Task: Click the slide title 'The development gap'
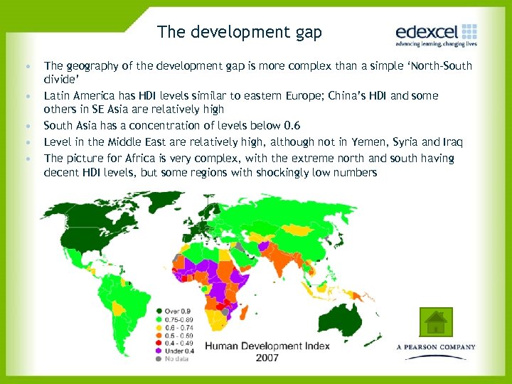pyautogui.click(x=240, y=32)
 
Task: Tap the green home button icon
pyautogui.click(x=435, y=321)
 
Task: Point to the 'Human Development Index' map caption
pyautogui.click(x=267, y=346)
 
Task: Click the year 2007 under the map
pyautogui.click(x=267, y=358)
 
